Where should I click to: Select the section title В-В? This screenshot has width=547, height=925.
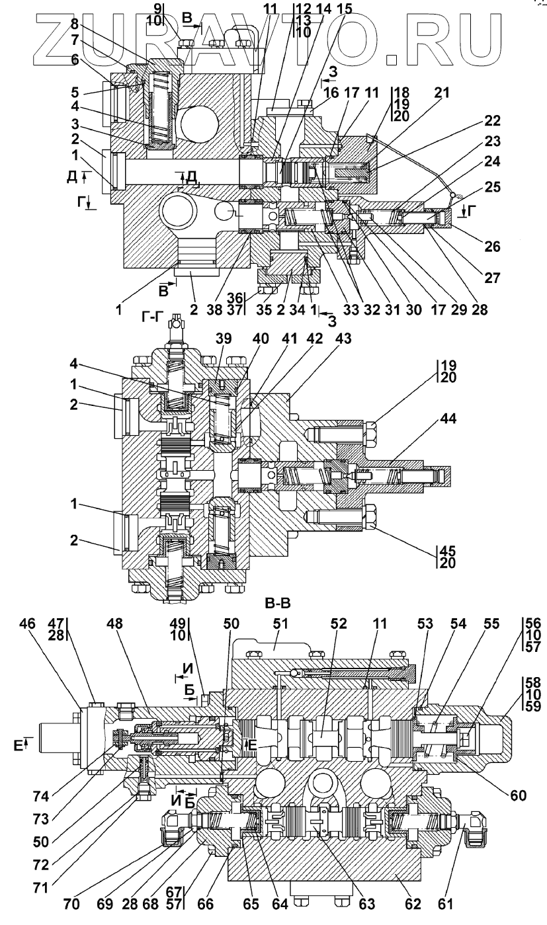(x=278, y=604)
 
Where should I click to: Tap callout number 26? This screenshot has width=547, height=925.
(x=491, y=247)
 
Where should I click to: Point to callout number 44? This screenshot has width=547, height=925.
(x=448, y=419)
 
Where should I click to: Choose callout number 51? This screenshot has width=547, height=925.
(x=280, y=624)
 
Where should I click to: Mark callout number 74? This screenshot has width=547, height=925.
(x=40, y=797)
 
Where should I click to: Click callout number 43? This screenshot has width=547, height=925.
(x=343, y=339)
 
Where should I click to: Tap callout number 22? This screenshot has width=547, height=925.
(x=491, y=121)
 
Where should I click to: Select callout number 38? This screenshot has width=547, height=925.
(x=215, y=309)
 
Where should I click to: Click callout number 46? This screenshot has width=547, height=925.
(x=28, y=624)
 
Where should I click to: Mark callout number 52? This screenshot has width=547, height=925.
(x=339, y=624)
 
